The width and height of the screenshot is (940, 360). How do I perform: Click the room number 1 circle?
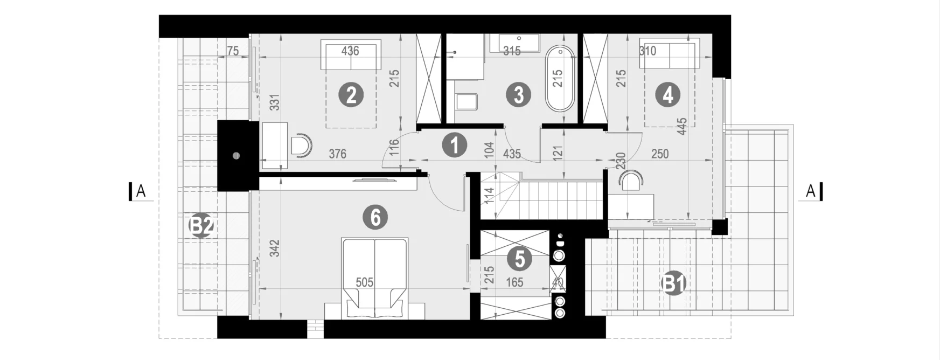pyautogui.click(x=454, y=146)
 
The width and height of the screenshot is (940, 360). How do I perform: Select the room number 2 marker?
pyautogui.click(x=351, y=95)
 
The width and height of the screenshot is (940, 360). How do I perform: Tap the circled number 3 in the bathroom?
pyautogui.click(x=519, y=95)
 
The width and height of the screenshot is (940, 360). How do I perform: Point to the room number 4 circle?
pyautogui.click(x=668, y=95)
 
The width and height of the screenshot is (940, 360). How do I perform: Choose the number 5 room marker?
pyautogui.click(x=520, y=259)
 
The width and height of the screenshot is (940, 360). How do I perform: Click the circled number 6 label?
pyautogui.click(x=375, y=217)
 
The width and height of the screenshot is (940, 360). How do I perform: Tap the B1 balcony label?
pyautogui.click(x=673, y=284)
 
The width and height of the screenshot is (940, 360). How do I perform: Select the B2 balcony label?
pyautogui.click(x=201, y=226)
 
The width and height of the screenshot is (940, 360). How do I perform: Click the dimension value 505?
pyautogui.click(x=365, y=282)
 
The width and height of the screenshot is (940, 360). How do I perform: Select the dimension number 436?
pyautogui.click(x=350, y=51)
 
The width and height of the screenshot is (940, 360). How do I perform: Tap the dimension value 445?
pyautogui.click(x=682, y=126)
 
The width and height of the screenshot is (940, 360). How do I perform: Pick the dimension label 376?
pyautogui.click(x=337, y=154)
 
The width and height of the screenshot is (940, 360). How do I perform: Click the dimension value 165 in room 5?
pyautogui.click(x=515, y=282)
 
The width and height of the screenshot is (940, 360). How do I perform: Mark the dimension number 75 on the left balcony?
pyautogui.click(x=233, y=51)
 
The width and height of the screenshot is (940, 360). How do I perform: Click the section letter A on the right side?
pyautogui.click(x=810, y=191)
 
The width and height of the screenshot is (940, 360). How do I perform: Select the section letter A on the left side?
pyautogui.click(x=141, y=191)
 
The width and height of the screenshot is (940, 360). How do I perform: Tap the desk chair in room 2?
pyautogui.click(x=301, y=145)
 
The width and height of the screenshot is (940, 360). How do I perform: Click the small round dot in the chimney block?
pyautogui.click(x=236, y=156)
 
